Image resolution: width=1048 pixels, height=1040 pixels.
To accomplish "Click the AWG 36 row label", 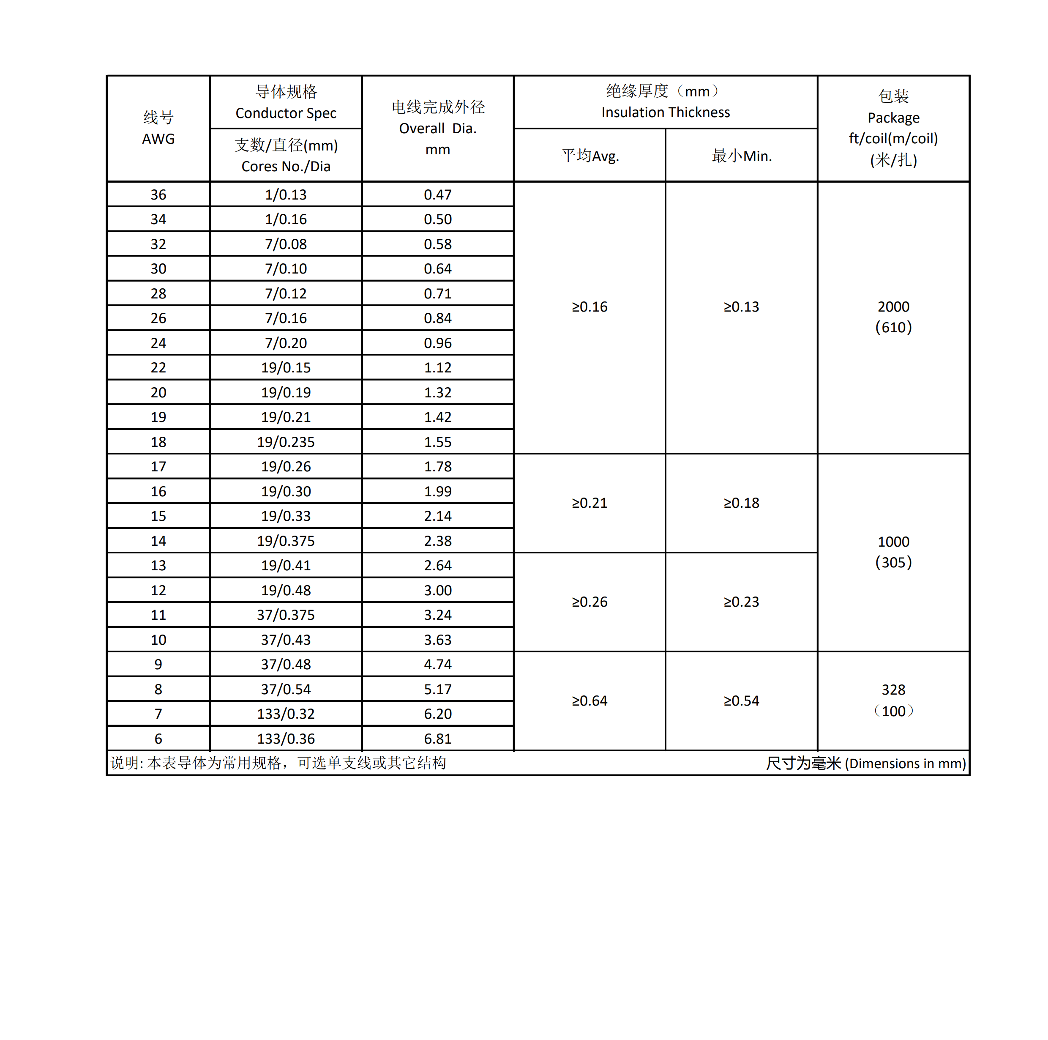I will tap(158, 195).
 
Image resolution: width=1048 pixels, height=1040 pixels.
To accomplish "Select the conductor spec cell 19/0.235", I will tap(286, 442).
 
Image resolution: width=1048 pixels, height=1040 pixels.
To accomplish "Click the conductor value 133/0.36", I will tap(286, 739).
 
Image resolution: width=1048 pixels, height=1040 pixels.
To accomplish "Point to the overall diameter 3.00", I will tap(437, 591).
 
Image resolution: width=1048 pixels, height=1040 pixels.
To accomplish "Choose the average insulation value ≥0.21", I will tap(589, 503).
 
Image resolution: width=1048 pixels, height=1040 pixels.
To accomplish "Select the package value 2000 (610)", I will tap(893, 317).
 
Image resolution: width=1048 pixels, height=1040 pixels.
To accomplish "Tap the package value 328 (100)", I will tap(893, 700).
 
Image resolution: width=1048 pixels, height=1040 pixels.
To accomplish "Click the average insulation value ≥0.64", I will tap(589, 701).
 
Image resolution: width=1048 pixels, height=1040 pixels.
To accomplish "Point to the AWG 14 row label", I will tap(158, 541).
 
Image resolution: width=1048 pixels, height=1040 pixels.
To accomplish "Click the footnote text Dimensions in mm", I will tap(905, 764).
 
